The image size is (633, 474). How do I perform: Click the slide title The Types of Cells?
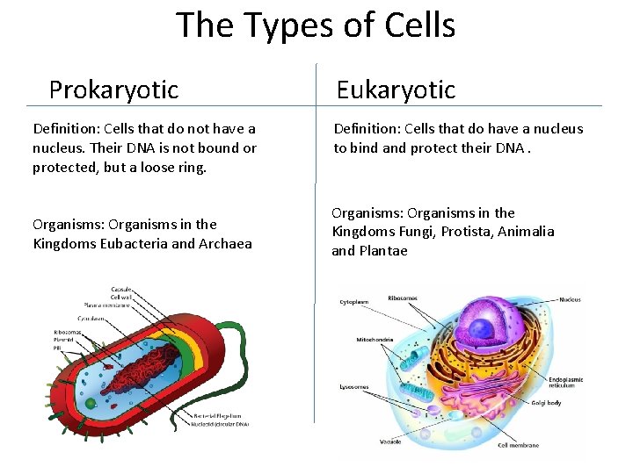click(x=316, y=25)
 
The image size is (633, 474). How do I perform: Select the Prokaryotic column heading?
click(x=113, y=90)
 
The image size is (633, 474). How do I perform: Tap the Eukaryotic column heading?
click(x=396, y=90)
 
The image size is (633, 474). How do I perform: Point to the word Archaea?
click(x=225, y=243)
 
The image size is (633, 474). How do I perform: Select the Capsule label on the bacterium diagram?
click(x=121, y=289)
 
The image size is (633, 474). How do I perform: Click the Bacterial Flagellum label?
click(x=220, y=415)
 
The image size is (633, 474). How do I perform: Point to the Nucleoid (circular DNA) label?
click(x=220, y=424)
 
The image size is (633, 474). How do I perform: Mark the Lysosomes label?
click(x=354, y=386)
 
